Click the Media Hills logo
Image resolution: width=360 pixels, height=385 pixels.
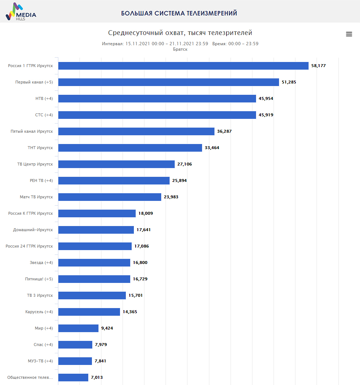(x=21, y=12)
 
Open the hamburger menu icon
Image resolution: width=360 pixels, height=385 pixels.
(x=349, y=34)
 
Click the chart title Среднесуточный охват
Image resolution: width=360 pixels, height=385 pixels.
(x=180, y=33)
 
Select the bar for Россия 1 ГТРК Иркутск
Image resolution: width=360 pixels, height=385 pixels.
(x=183, y=66)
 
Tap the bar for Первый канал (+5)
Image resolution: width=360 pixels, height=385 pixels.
(x=169, y=82)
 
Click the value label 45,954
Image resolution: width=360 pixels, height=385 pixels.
(x=266, y=98)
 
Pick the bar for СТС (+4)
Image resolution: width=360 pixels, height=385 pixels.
(x=157, y=115)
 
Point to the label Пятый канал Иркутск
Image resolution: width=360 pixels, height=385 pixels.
(x=32, y=131)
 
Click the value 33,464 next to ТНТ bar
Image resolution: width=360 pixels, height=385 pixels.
(x=212, y=148)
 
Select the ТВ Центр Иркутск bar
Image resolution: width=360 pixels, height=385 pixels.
(x=116, y=164)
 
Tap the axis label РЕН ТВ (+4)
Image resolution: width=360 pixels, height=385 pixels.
(x=41, y=180)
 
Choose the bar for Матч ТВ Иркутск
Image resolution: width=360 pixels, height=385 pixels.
(x=109, y=197)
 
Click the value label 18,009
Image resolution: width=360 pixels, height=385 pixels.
(x=146, y=213)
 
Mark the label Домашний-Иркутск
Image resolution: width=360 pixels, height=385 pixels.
(x=33, y=230)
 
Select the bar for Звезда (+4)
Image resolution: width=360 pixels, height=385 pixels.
(x=94, y=262)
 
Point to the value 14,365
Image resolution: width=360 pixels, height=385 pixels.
(x=130, y=312)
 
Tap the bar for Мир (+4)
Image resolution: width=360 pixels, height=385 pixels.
(x=78, y=328)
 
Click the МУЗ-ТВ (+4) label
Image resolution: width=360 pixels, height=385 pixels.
(x=40, y=361)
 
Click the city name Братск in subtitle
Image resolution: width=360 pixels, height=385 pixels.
(x=180, y=49)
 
